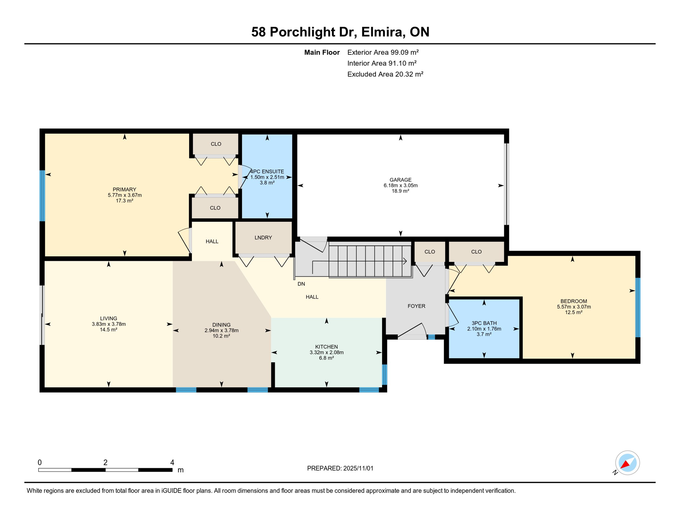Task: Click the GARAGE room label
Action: (400, 180)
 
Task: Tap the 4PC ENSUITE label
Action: (267, 172)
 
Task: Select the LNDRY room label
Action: (263, 238)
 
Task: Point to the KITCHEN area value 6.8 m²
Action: (326, 358)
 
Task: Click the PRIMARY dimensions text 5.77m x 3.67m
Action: (125, 195)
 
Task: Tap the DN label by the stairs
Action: (301, 284)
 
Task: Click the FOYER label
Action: (416, 306)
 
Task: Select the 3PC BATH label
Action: (484, 323)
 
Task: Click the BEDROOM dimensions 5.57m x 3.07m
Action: (574, 307)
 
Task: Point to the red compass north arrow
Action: (625, 464)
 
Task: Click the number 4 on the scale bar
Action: (172, 462)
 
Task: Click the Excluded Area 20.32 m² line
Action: (385, 74)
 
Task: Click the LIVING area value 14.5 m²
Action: (108, 329)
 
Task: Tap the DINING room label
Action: (221, 325)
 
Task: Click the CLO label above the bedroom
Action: (476, 252)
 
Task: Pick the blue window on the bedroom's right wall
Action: (638, 308)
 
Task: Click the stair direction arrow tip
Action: (406, 261)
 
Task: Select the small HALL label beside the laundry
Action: (212, 241)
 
